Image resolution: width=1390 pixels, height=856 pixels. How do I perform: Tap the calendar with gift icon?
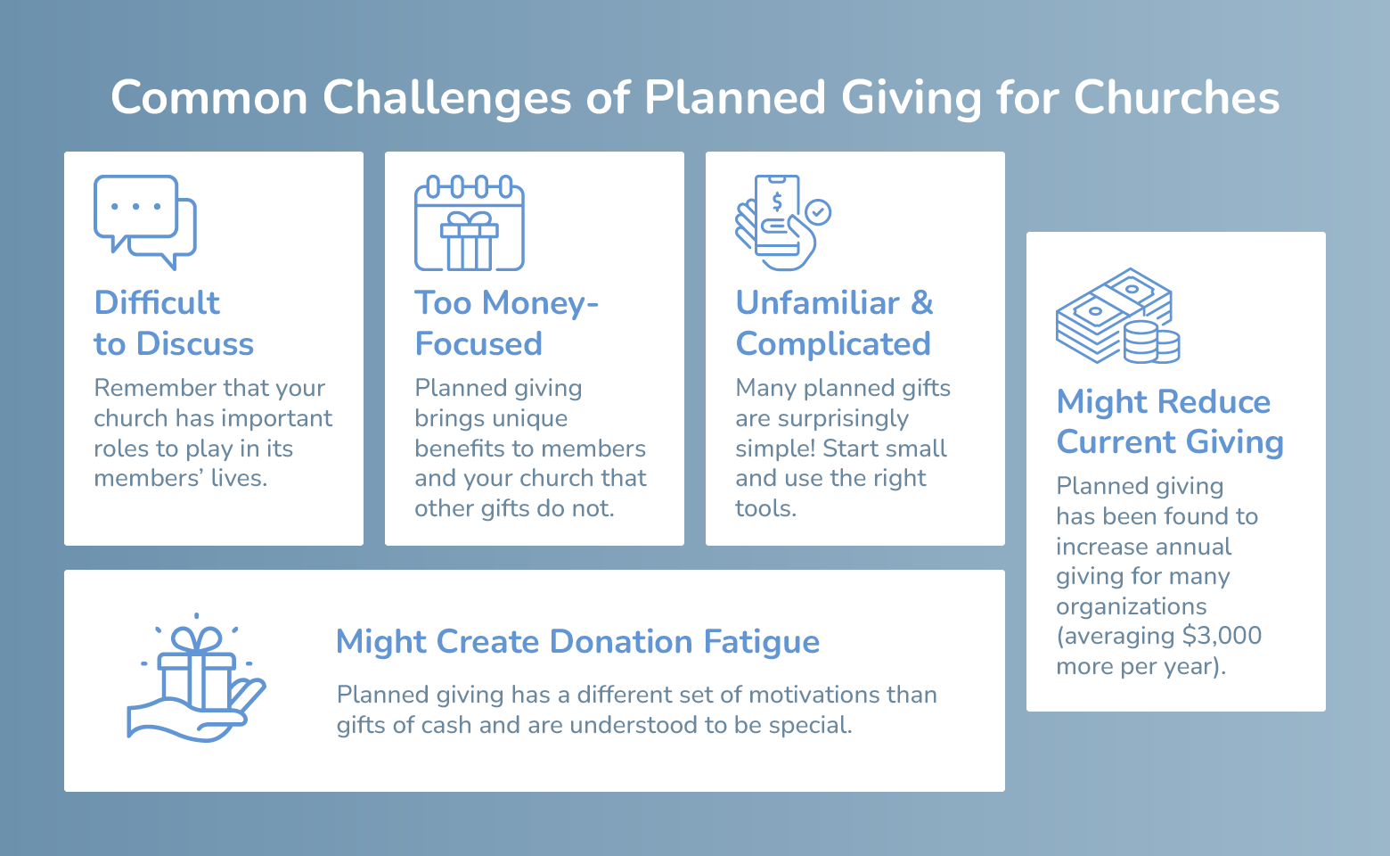[x=470, y=223]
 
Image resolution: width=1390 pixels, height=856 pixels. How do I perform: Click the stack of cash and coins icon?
[x=1117, y=316]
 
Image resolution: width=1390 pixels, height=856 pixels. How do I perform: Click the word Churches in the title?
[x=1176, y=97]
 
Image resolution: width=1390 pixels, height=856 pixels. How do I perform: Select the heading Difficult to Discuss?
[x=174, y=323]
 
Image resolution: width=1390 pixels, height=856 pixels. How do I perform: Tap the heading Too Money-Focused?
[x=506, y=323]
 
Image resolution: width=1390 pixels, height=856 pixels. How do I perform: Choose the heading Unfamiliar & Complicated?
[x=834, y=323]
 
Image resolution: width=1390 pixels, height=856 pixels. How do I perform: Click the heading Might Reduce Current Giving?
[x=1169, y=422]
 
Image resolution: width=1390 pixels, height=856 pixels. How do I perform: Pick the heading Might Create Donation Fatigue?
[x=577, y=642]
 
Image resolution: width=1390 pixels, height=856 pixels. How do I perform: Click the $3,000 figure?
[x=1222, y=636]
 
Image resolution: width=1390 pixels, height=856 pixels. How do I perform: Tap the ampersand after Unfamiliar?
[x=922, y=303]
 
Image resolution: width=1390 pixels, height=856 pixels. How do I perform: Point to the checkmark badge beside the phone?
[x=818, y=212]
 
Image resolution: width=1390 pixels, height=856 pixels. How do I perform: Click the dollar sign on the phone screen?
[x=777, y=202]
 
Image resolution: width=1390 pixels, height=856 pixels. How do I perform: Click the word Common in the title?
[x=209, y=97]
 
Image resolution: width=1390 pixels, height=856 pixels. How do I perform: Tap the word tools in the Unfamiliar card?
[x=764, y=508]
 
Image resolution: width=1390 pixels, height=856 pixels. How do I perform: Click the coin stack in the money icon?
[x=1151, y=342]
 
